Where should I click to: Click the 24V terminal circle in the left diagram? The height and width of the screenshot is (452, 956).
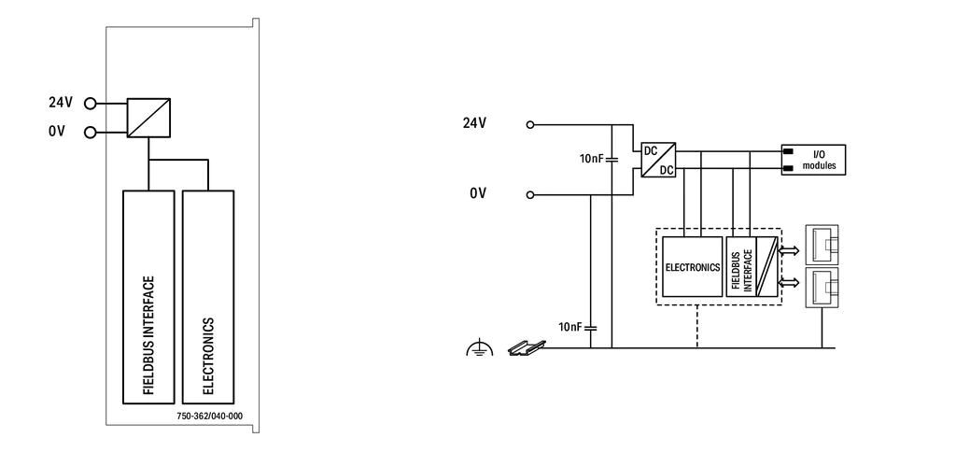[x=91, y=104]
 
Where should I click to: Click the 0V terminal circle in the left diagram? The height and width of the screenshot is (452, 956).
[x=91, y=131]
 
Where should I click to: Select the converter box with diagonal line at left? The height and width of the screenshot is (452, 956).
[x=148, y=118]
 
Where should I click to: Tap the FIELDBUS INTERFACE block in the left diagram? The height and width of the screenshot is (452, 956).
[x=148, y=297]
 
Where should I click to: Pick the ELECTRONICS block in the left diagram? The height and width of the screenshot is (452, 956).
[x=208, y=297]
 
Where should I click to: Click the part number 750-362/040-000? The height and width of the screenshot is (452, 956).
[x=209, y=416]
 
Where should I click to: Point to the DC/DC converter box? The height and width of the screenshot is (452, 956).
[x=658, y=160]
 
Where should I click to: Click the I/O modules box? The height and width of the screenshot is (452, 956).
[x=813, y=160]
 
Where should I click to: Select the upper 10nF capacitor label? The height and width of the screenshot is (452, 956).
[x=591, y=159]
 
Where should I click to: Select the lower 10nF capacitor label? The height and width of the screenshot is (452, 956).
[x=570, y=327]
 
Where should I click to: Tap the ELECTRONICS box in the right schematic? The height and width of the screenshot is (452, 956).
[x=693, y=266]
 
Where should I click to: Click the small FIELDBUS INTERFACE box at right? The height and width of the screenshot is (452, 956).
[x=741, y=266]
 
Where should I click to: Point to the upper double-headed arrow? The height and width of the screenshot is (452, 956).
[x=790, y=250]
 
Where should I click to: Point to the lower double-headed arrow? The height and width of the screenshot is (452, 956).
[x=790, y=282]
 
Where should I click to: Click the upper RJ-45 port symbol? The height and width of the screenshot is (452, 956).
[x=822, y=246]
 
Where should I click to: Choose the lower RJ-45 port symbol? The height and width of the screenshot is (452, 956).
[x=822, y=287]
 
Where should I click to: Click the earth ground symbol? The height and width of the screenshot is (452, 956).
[x=479, y=349]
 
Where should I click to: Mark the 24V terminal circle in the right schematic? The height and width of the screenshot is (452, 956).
[x=530, y=124]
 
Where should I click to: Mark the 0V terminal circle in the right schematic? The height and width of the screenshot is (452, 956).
[x=530, y=195]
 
